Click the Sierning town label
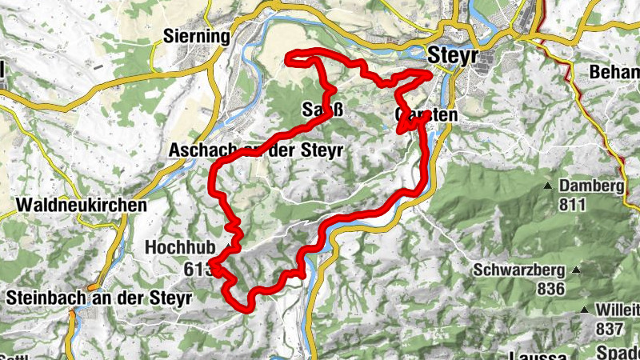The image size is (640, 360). pos(196,36)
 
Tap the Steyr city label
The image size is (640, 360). pos(453,55)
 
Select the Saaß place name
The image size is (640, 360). pos(323,109)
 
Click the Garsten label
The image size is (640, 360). pos(427,116)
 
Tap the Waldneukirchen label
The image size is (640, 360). pos(81,205)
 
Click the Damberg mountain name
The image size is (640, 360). pos(591,186)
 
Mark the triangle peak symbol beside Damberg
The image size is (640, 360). pos(548,186)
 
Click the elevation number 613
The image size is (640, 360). pos(198,268)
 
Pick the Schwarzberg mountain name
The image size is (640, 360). pos(518,270)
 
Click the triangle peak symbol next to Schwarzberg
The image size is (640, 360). pos(575,269)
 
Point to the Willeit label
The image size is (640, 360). pos(618,310)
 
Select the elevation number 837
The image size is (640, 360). pos(610,328)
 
